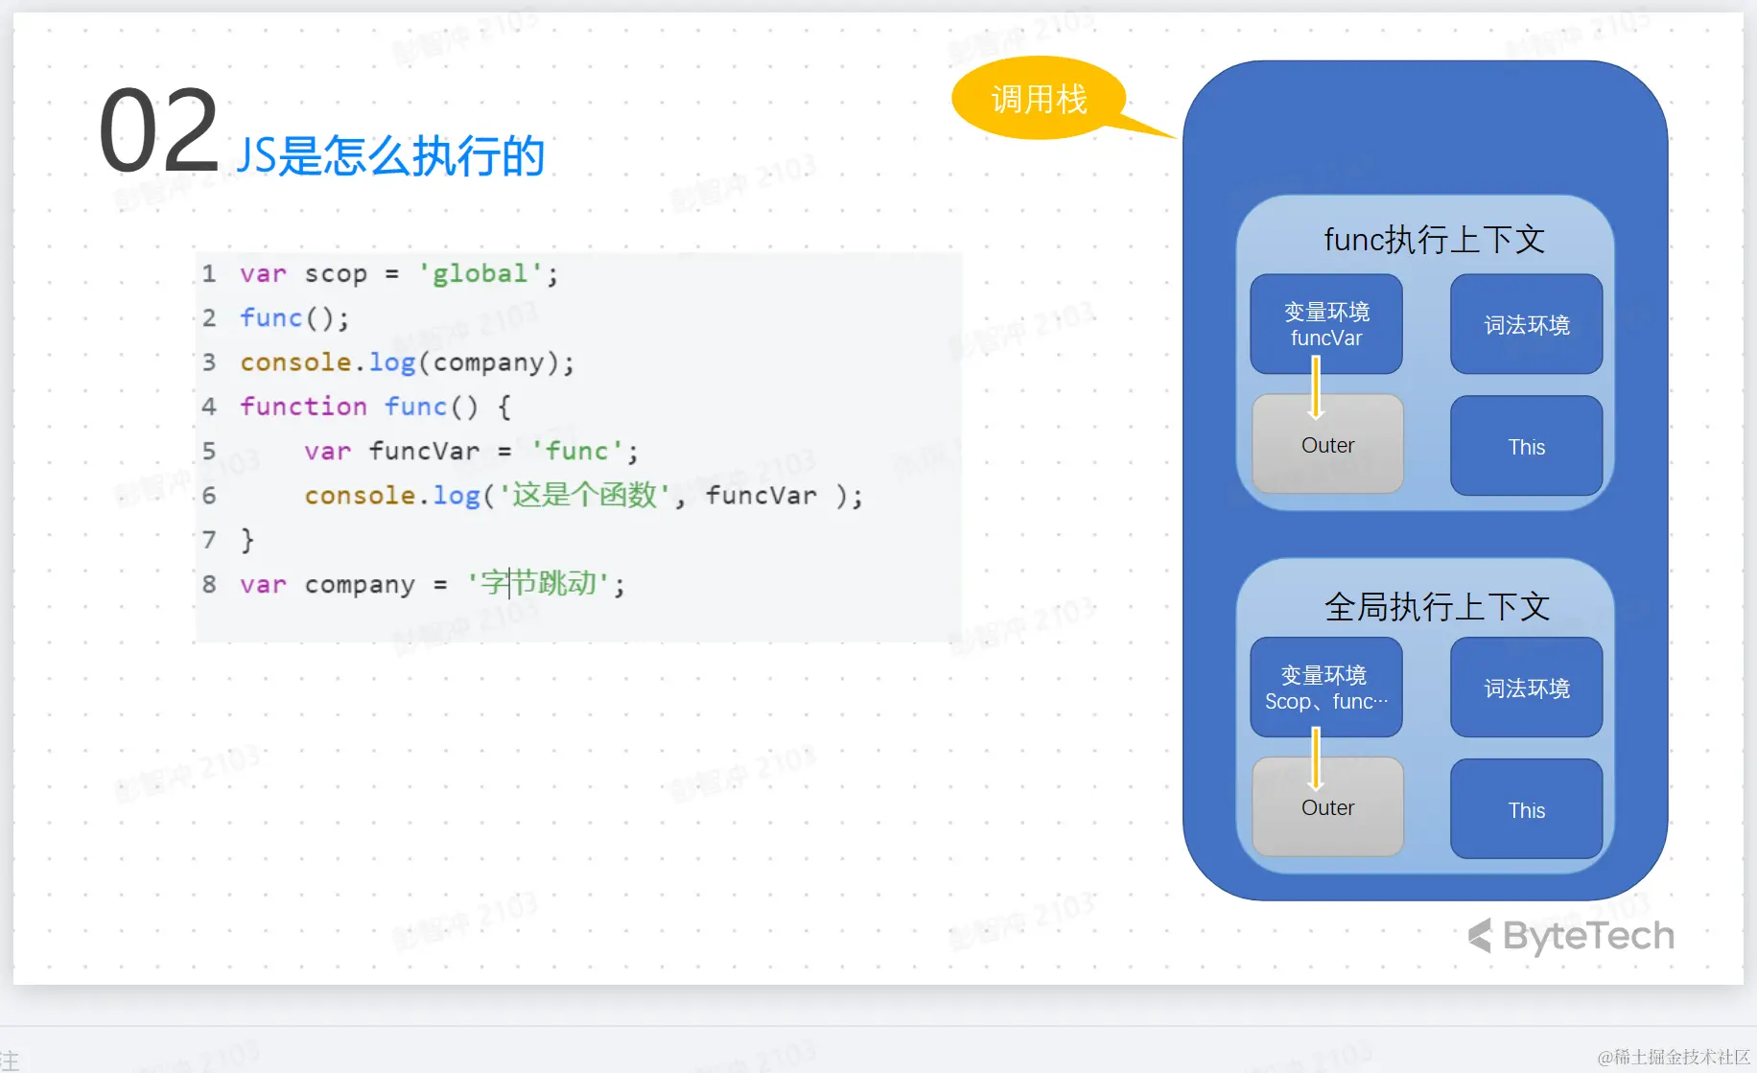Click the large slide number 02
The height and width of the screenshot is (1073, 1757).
pos(158,131)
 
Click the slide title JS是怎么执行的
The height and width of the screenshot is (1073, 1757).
pos(390,155)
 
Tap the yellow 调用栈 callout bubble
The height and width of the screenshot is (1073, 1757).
pos(1039,99)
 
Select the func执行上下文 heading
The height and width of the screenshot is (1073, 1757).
pos(1434,240)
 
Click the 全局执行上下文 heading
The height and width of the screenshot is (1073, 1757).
pos(1436,606)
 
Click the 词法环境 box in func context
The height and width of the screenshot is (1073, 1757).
pos(1526,325)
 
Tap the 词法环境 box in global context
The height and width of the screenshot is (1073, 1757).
pos(1526,688)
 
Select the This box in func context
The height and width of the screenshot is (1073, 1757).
pos(1526,447)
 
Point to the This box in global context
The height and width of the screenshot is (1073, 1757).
pos(1526,810)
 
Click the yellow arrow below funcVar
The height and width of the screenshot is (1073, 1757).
pos(1316,387)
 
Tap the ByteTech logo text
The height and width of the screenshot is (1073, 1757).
pos(1587,936)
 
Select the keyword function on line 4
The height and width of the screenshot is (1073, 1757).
pos(303,407)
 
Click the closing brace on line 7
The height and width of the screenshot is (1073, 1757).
pos(247,540)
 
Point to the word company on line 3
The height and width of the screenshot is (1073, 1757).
pos(489,362)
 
